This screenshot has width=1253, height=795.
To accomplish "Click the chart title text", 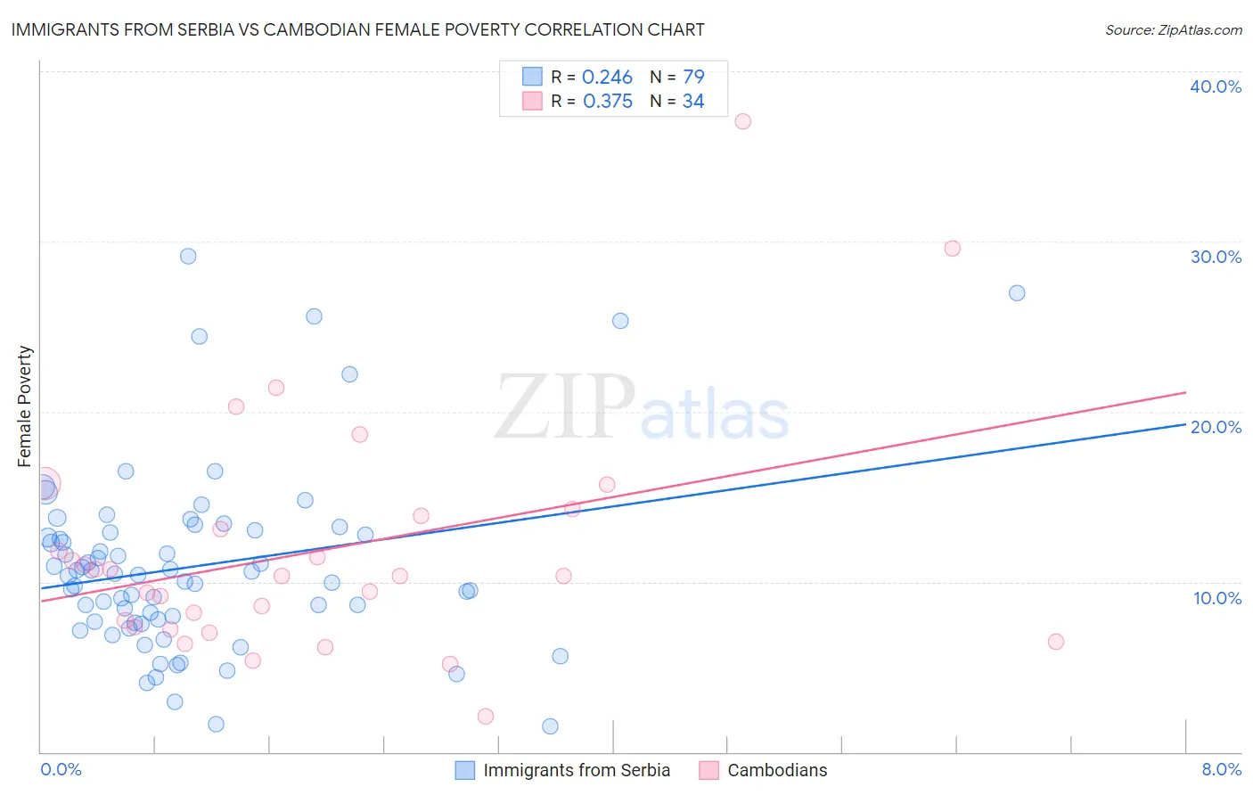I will pos(357,29).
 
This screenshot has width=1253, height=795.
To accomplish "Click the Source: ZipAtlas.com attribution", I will pos(1173,29).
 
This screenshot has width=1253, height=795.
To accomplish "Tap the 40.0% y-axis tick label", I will pos(1216,86).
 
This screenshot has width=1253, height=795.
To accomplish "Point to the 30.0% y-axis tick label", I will pos(1216,257).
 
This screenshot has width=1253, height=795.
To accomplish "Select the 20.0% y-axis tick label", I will pos(1216,427).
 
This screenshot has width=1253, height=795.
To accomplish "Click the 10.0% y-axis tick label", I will pos(1217,598).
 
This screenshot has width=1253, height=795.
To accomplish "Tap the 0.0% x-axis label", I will pos(61,769).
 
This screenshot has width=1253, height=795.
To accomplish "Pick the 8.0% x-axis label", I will pos(1221,769).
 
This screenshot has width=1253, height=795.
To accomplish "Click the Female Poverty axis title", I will pos(25,406).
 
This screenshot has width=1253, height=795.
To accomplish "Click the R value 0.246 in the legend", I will pos(607,78).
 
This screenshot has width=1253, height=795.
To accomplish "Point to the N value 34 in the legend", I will pos(693,102).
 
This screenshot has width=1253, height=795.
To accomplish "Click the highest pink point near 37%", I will pos(742,121).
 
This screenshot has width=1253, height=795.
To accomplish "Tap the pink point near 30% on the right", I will pos(952,249).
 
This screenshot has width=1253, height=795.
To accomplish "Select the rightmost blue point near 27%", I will pos(1017,293).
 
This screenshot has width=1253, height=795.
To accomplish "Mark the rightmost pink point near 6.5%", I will pos(1056,642).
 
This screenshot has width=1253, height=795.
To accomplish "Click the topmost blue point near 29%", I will pos(188,256).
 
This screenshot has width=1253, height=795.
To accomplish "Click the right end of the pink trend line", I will pos(1185,392).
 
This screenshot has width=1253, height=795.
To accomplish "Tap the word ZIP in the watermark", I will pos(565,408).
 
